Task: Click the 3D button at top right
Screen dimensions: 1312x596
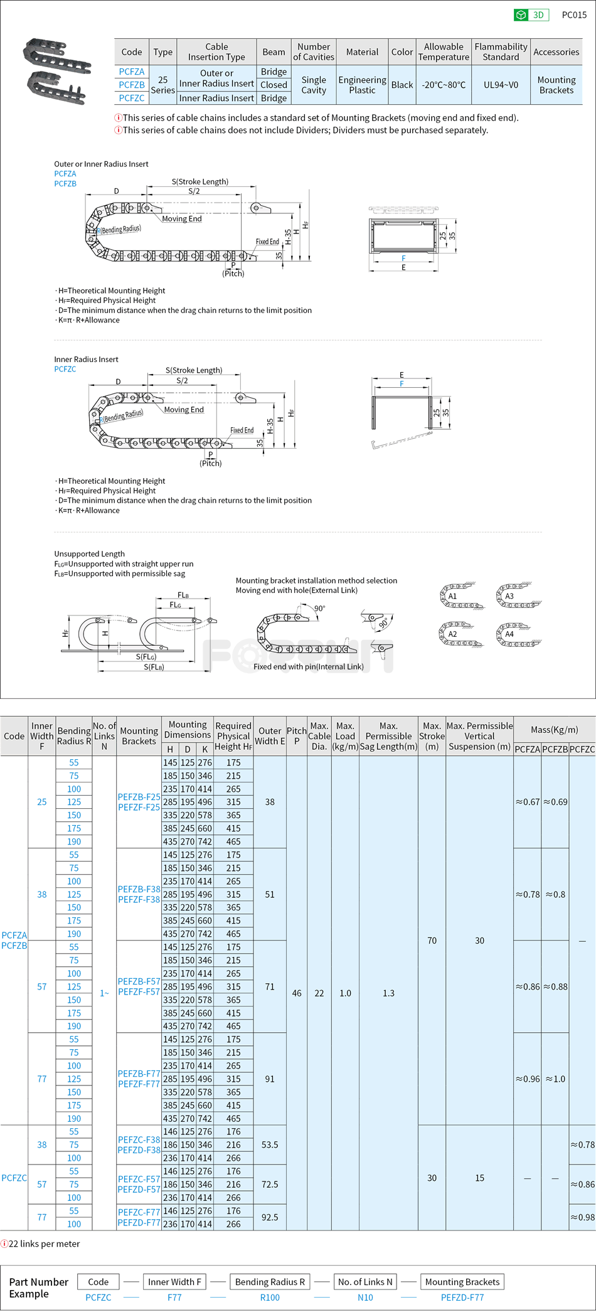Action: pos(531,15)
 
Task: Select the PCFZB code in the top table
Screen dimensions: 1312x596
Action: pos(132,85)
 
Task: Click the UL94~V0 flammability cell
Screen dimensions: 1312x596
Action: pos(501,85)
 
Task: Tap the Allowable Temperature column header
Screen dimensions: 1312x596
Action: pos(444,52)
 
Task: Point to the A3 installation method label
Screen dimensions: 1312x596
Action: pos(509,596)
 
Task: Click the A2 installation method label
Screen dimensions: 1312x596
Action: pos(452,634)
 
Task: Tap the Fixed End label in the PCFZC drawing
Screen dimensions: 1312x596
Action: pos(242,430)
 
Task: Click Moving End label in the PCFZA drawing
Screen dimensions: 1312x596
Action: pos(182,219)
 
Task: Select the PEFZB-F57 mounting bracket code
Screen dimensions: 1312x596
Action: pos(139,981)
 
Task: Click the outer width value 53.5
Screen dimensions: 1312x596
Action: pos(270,1144)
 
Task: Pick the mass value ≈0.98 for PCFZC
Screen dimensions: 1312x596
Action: pos(582,1217)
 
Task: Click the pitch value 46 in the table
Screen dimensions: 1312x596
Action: pos(297,993)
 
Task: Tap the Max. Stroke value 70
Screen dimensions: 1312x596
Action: pos(432,941)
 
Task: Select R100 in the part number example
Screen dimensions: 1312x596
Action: pos(270,1298)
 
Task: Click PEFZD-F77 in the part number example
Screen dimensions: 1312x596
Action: pos(462,1298)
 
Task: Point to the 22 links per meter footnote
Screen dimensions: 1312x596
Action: pos(44,1244)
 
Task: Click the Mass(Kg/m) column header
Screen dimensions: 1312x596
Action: pos(554,730)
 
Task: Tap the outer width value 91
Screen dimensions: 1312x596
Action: pos(270,1079)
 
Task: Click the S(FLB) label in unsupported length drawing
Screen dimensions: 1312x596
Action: pos(154,667)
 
